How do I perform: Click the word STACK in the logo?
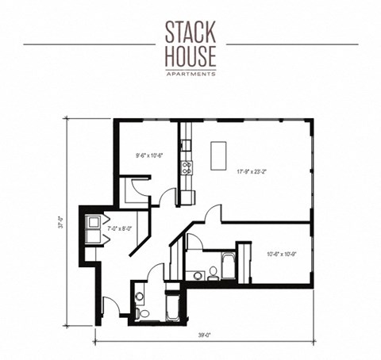(x=190, y=34)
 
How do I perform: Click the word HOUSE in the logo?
(x=190, y=56)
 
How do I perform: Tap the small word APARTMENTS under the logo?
(x=190, y=73)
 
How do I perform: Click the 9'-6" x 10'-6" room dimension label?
(x=148, y=155)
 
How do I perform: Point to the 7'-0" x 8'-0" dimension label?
(x=117, y=229)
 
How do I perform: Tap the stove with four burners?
(x=187, y=167)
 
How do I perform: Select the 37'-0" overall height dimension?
(x=70, y=224)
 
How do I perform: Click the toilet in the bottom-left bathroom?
(x=140, y=298)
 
